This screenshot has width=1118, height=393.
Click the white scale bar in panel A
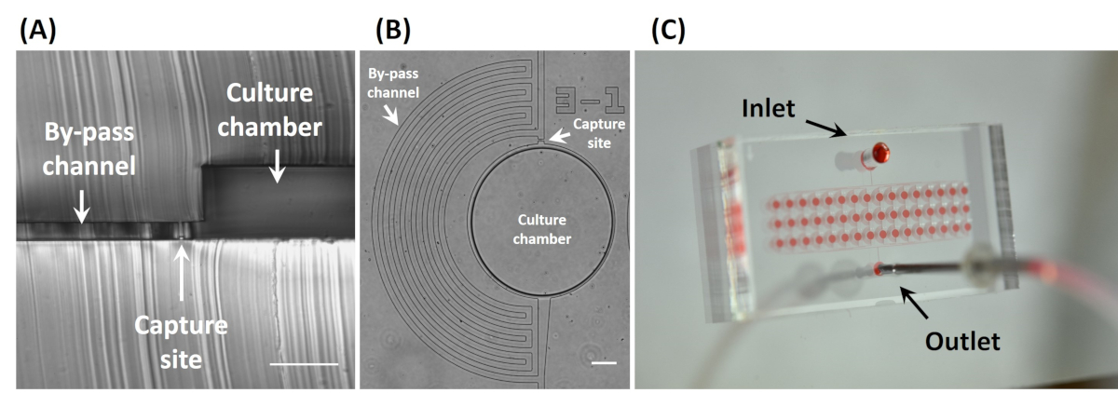(x=304, y=364)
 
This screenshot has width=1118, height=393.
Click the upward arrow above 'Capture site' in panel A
(x=181, y=272)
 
